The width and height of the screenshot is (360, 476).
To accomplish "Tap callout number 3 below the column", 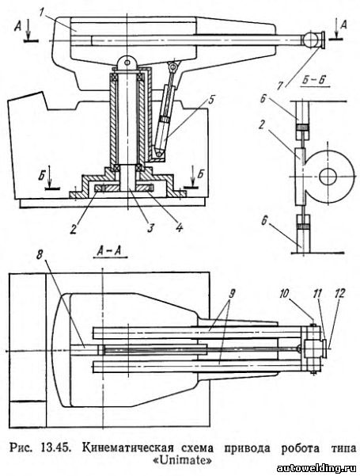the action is click(150, 228).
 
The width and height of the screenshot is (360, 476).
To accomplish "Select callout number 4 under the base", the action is click(180, 227).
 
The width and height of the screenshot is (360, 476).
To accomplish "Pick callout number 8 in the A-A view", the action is click(40, 255).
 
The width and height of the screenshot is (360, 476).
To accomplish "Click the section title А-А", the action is click(112, 251).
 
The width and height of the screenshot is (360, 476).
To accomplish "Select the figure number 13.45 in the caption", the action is click(54, 448).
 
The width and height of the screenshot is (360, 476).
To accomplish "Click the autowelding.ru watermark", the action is click(317, 468).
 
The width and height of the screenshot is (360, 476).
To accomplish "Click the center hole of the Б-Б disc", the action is click(329, 177).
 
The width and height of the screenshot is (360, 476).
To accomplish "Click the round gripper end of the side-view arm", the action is click(309, 40).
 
